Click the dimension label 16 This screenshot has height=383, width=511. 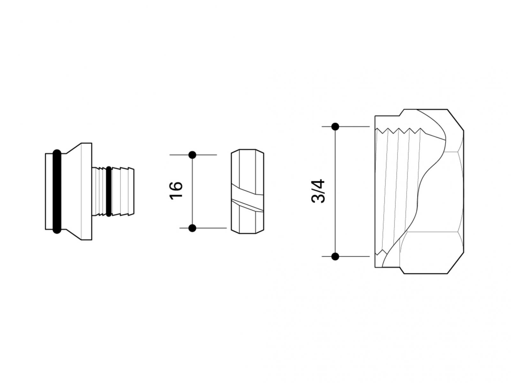pos(176,191)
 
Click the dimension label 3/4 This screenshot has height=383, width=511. pos(317,191)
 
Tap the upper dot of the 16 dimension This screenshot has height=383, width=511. pos(192,155)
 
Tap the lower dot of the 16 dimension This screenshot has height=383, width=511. pos(192,228)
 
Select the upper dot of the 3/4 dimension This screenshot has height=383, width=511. pos(335,127)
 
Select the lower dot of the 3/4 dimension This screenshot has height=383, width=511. pos(335,257)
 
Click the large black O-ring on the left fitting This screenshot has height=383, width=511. pos(57,191)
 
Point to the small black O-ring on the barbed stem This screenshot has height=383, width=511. pos(109,191)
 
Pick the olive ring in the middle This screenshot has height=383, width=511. pos(248,191)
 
